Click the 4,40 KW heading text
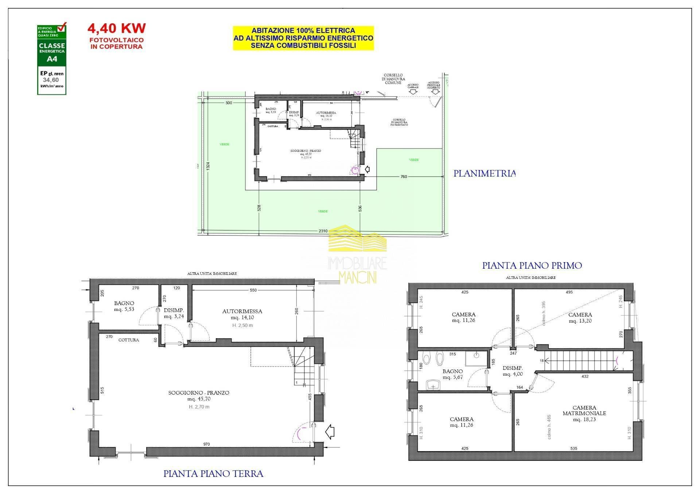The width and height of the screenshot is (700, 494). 116,28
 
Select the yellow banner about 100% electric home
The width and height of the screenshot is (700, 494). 303,38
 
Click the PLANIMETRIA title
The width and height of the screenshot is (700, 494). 484,174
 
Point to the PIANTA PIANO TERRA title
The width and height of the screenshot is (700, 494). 213,474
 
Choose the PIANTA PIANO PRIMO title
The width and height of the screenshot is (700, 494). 532,266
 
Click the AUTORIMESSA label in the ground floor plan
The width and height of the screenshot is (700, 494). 242,312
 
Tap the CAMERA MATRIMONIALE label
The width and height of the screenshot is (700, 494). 584,411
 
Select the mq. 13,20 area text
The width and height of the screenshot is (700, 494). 580,321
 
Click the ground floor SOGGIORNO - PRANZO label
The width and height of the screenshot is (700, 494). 199,393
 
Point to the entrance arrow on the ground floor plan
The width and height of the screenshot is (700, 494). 330,432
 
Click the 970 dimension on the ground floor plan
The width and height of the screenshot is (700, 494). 207,444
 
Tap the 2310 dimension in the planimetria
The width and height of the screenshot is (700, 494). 323,231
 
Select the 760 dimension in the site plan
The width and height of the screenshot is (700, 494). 404,177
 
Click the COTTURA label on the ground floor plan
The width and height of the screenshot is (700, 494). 129,340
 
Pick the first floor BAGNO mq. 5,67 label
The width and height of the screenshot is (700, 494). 452,374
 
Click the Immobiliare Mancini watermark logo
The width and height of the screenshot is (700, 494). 357,255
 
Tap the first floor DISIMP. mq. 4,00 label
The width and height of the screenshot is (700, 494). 513,371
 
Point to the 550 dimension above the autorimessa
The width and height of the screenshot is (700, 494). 253,290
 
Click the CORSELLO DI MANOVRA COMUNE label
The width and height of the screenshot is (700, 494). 393,79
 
